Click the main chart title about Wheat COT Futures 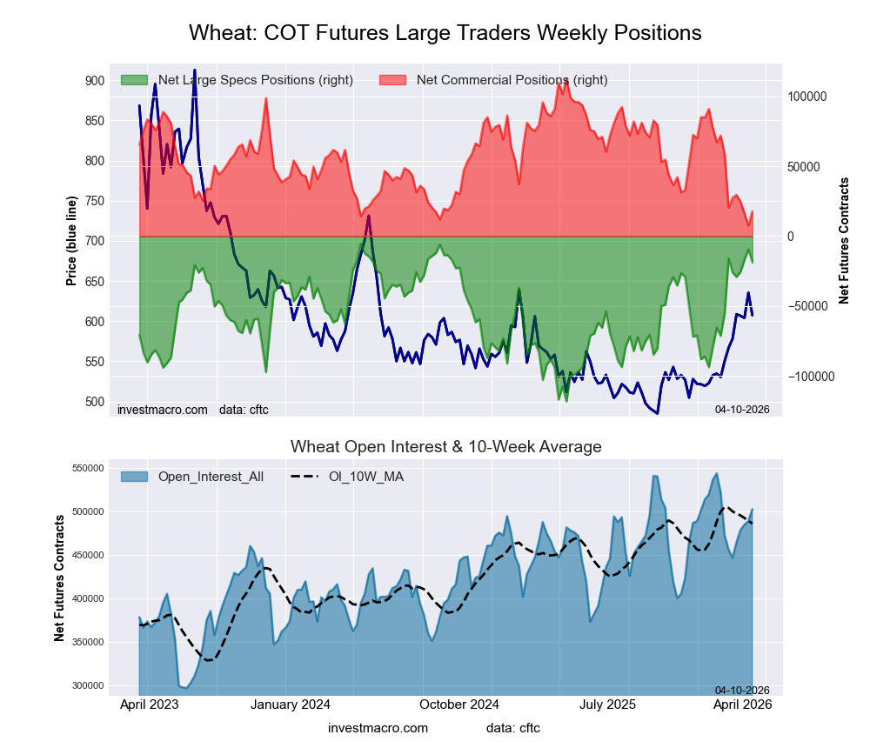(x=445, y=33)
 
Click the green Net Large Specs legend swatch (x=134, y=80)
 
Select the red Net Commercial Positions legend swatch (x=392, y=80)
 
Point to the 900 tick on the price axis (x=94, y=81)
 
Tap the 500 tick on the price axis (x=94, y=402)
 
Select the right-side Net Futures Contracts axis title (x=844, y=241)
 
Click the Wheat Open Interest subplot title (x=445, y=447)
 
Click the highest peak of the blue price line (x=194, y=70)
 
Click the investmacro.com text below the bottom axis (x=378, y=727)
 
